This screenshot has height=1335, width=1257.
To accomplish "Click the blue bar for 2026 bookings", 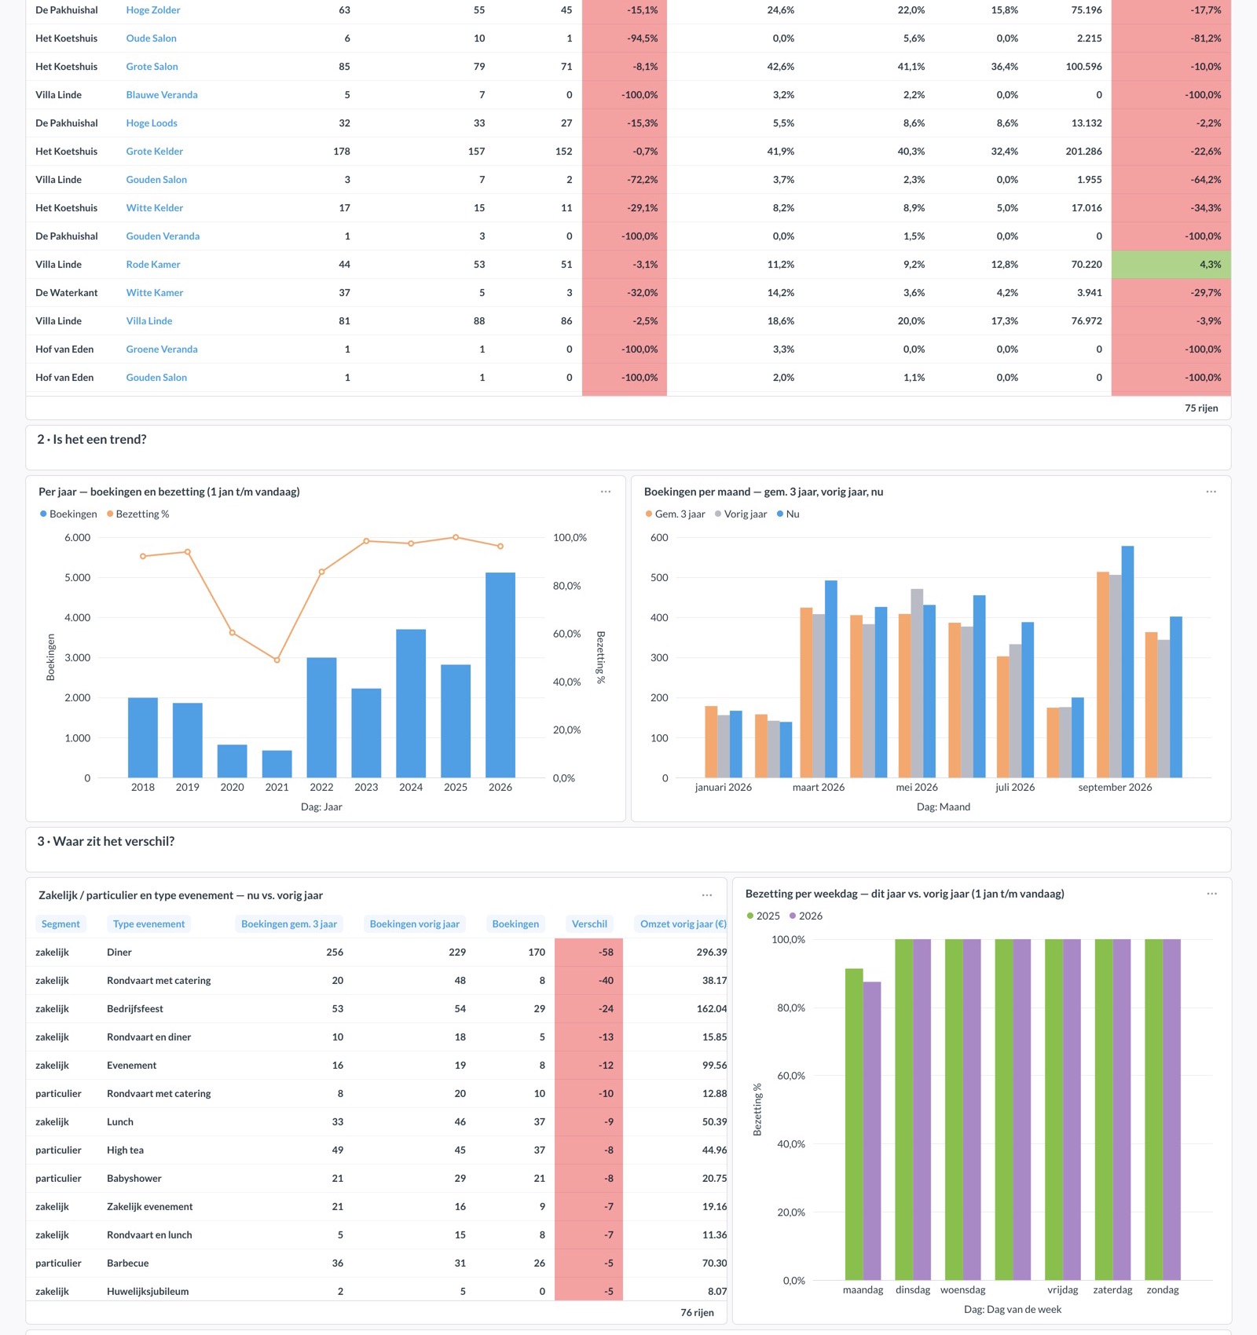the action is click(x=500, y=675).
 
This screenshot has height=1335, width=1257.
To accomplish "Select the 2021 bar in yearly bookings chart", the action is click(x=277, y=764).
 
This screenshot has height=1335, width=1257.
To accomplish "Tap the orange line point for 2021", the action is click(x=277, y=660).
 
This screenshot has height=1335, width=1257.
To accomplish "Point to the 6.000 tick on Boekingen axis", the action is click(x=78, y=538).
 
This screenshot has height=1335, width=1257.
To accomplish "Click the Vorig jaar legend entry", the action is click(x=741, y=514).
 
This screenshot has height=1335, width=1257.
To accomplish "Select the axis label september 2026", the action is click(x=1115, y=787).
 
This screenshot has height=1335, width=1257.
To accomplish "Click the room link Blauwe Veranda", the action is click(x=162, y=95).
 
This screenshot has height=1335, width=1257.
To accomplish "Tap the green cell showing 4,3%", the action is click(x=1171, y=265).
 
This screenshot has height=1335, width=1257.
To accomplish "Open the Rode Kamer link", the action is click(x=153, y=265).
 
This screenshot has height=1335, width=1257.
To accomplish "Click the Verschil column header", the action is click(x=589, y=924).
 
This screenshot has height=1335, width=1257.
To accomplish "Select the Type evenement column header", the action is click(x=148, y=924).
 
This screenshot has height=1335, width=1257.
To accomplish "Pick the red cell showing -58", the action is click(x=588, y=953).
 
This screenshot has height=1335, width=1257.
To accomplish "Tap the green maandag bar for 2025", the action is click(x=854, y=1125).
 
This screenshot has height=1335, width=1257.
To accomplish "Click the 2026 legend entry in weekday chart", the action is click(x=806, y=916).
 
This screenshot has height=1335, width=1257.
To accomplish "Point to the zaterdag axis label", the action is click(x=1112, y=1290).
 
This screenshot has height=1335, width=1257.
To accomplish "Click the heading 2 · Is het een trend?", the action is click(x=92, y=440).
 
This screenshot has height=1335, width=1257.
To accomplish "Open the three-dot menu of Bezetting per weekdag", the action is click(x=1212, y=894).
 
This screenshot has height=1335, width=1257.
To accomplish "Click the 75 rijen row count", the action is click(x=1201, y=408).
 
